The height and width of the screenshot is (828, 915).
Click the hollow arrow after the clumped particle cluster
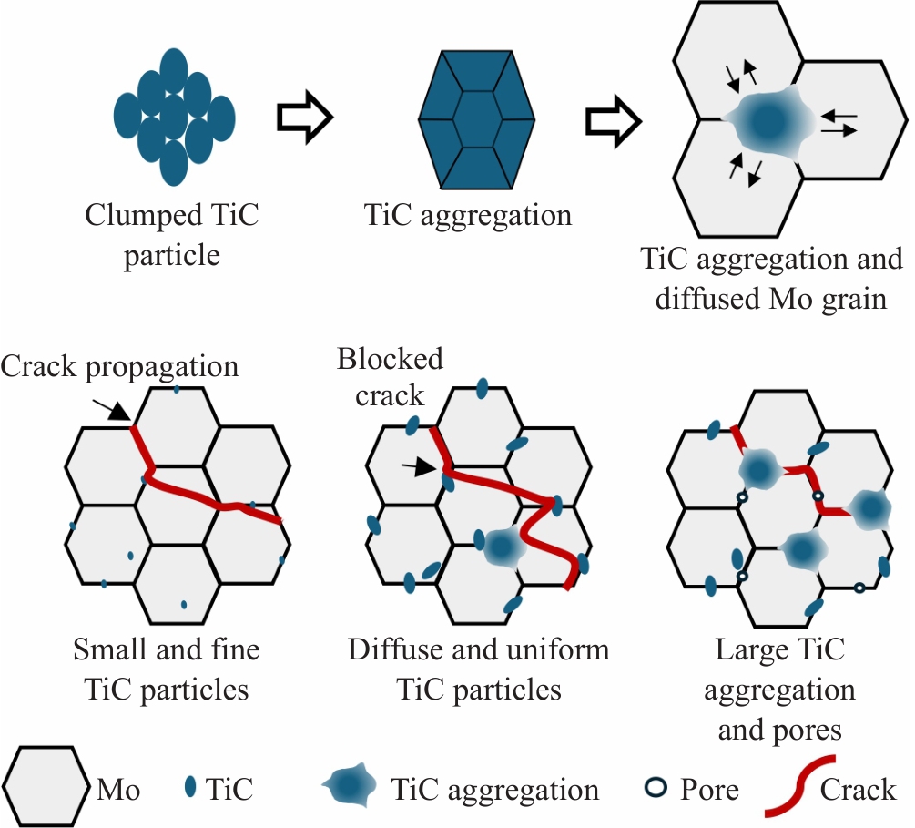click(304, 117)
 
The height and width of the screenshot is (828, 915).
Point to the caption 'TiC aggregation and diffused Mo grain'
click(771, 278)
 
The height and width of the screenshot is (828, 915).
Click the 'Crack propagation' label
click(119, 366)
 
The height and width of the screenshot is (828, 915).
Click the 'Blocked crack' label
click(390, 376)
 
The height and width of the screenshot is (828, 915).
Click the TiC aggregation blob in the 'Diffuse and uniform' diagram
click(500, 547)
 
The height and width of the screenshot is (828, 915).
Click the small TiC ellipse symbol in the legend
click(190, 788)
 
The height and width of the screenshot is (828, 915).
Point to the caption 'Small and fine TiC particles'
click(166, 670)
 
